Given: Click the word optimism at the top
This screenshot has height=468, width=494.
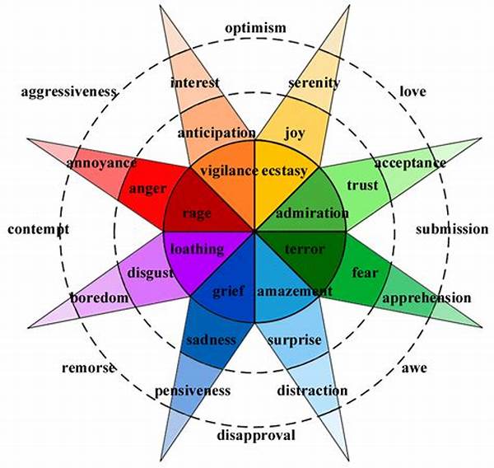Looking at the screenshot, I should pyautogui.click(x=255, y=28).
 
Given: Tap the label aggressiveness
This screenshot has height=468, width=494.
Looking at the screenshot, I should pyautogui.click(x=68, y=91).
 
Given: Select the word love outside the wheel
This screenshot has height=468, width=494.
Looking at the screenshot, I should pyautogui.click(x=412, y=91).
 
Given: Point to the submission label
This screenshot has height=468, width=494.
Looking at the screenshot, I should pyautogui.click(x=451, y=229).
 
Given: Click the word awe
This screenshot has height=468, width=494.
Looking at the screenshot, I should pyautogui.click(x=414, y=367).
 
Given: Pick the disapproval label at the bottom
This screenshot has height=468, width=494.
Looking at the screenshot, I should pyautogui.click(x=254, y=435).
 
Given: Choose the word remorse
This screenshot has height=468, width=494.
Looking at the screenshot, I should pyautogui.click(x=88, y=367).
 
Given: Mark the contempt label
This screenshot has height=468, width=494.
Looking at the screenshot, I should pyautogui.click(x=38, y=229).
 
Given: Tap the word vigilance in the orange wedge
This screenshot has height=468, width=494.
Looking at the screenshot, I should pyautogui.click(x=226, y=171).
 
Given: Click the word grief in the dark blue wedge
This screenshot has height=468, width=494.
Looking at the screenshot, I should pyautogui.click(x=230, y=290).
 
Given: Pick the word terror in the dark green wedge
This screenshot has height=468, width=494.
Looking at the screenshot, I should pyautogui.click(x=305, y=248).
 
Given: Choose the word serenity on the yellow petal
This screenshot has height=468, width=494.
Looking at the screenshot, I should pyautogui.click(x=315, y=82).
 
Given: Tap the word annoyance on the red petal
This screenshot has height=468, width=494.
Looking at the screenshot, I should pyautogui.click(x=101, y=162).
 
